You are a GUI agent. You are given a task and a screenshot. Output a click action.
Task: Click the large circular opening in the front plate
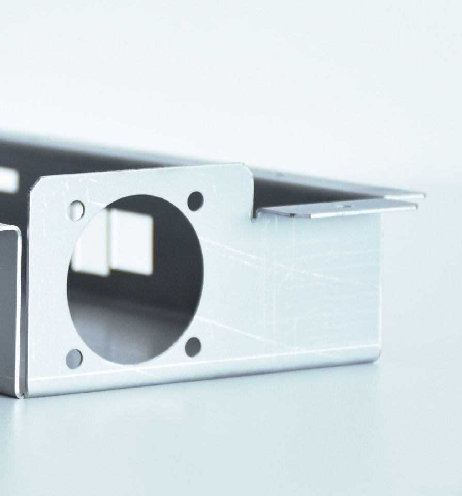point(135,280)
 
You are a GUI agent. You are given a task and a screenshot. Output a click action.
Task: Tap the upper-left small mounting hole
point(76,210)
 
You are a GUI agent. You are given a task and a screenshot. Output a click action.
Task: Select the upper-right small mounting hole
point(195,201)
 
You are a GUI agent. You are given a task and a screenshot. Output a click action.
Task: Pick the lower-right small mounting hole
point(193,347)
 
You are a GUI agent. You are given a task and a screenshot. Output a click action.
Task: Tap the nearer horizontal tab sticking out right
point(336,209)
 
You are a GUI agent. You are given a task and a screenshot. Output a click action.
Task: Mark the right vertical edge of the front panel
point(381,284)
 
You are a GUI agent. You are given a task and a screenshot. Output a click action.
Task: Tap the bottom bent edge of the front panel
point(206,377)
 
